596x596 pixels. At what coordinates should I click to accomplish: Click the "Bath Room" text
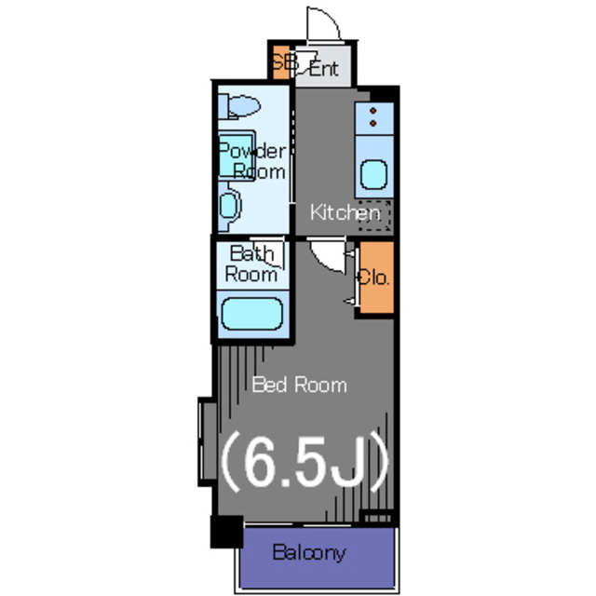pos(252,264)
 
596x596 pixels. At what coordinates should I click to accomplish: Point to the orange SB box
pos(281,63)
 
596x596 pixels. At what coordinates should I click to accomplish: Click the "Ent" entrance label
pos(323,68)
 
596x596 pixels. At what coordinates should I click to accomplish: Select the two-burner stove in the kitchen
pos(373,119)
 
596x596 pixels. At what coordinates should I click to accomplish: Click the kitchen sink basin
pos(373,174)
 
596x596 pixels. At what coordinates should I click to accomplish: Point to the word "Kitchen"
pos(345,212)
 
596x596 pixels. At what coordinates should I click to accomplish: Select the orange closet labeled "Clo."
pos(376,277)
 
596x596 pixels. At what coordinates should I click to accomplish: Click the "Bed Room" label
pos(299,384)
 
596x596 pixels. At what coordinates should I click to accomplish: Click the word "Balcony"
pos(309,552)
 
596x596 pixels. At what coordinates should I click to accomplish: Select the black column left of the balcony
pos(225,531)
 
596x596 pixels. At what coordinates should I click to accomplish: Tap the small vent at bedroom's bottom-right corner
pos(377,515)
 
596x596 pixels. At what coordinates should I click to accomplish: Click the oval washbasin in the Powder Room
pos(229,204)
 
